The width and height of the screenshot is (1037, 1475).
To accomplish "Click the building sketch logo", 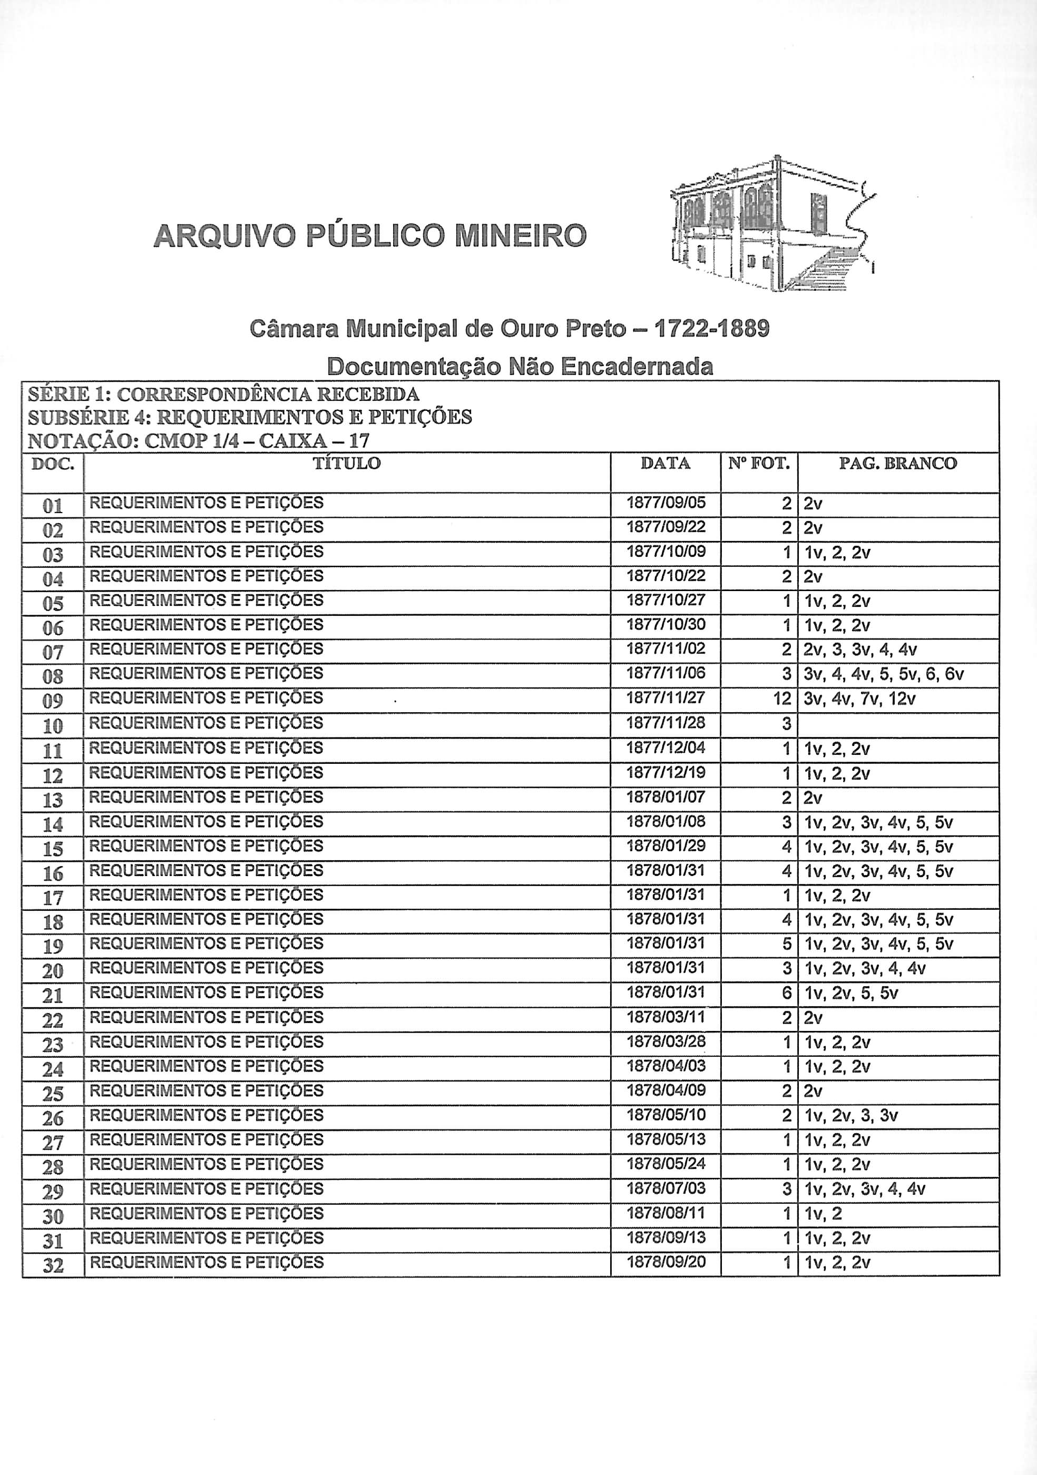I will click(771, 225).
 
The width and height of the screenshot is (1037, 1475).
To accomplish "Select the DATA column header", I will click(665, 463).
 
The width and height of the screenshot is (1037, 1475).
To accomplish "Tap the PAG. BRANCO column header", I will click(897, 463).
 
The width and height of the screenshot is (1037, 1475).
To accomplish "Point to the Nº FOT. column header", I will click(759, 463).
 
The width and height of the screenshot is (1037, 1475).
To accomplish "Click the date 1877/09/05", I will click(666, 503).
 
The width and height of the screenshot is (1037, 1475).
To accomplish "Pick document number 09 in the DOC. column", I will click(53, 701).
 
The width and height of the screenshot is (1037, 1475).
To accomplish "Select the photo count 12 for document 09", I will click(782, 699).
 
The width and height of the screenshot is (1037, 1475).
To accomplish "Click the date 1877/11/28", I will click(666, 723).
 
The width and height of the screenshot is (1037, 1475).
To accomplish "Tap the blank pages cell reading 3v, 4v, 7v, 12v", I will click(859, 699).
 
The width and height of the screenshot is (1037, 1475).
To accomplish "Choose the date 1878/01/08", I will click(666, 822).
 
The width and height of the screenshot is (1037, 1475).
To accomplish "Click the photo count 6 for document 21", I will click(786, 993).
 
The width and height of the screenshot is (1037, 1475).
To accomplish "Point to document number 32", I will click(53, 1265).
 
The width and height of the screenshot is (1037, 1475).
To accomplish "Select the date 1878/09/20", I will click(666, 1262).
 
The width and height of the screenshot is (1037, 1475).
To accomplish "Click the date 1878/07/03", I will click(666, 1188).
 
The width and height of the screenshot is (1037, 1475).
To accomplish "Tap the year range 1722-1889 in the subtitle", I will click(711, 329).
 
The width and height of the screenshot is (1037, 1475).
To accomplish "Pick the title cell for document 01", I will click(206, 503).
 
